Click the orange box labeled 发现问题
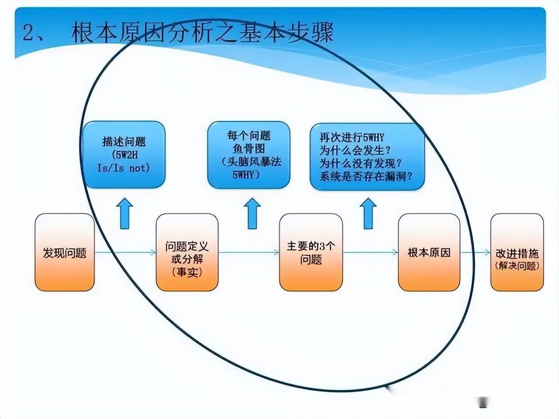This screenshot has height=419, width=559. point(65,252)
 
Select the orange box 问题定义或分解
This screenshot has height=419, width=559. point(187,252)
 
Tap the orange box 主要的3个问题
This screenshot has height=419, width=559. point(311,252)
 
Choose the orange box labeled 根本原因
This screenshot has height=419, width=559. point(429,252)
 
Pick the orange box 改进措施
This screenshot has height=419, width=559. point(517,252)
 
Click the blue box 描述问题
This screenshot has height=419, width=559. point(124,155)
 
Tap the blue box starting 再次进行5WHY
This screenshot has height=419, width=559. point(367,157)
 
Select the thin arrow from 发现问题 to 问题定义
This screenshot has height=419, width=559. point(125,252)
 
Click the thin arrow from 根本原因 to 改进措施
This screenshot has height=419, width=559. point(475,252)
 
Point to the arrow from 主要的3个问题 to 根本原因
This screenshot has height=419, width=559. point(370,252)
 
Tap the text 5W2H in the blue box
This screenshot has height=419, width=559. point(124,155)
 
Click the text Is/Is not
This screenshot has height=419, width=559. point(124,168)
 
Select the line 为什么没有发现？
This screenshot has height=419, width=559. point(361,164)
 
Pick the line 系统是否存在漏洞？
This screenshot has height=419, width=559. point(366,177)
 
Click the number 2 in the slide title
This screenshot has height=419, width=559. point(28,33)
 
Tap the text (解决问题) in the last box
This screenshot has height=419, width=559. point(518,266)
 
